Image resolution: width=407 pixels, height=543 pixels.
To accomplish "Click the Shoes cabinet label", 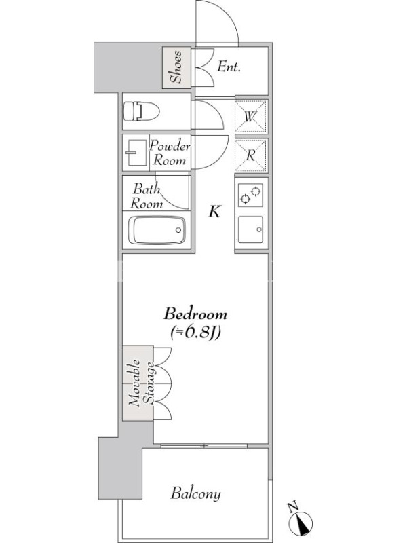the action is [x=176, y=67].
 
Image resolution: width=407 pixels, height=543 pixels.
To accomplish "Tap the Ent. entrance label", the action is [x=229, y=67].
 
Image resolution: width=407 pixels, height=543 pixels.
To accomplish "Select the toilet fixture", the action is [x=141, y=111].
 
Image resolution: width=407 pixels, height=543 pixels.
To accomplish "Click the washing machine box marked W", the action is [x=250, y=117].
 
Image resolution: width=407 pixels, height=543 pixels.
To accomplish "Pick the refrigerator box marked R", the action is [x=250, y=155].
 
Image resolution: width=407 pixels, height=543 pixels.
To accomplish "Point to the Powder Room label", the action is [x=170, y=153].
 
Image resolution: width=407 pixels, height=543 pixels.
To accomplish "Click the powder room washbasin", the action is [x=136, y=153].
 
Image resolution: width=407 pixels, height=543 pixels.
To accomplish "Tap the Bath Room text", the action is [x=147, y=196].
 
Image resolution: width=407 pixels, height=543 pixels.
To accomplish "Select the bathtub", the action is [x=157, y=230].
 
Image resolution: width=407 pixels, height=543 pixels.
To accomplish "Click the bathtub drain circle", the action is [x=178, y=230].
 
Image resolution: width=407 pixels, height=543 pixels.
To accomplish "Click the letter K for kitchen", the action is [x=214, y=211].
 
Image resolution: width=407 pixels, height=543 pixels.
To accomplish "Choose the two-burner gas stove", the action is [x=250, y=195].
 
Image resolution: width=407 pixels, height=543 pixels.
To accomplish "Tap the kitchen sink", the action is [x=250, y=230].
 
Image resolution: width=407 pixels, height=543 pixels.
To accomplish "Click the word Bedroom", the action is [x=195, y=314].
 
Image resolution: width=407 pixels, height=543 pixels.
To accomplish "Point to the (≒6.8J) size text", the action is [x=196, y=333].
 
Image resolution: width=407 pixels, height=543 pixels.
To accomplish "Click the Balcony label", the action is [x=195, y=493].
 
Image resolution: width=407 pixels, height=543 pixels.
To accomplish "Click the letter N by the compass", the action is [x=293, y=506].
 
